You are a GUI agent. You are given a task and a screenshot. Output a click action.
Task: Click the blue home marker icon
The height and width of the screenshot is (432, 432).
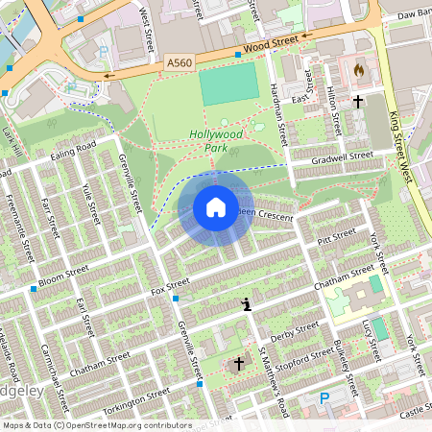[x=216, y=207]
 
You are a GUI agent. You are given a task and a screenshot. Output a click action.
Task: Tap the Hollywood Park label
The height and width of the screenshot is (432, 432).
[x=215, y=141]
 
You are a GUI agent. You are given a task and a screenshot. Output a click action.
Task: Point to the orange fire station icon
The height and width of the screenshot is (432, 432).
[x=359, y=70]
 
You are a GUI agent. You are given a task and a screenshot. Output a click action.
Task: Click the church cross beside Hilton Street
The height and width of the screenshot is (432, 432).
[x=358, y=100]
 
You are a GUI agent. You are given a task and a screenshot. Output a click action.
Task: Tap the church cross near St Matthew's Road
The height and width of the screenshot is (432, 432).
[x=239, y=363]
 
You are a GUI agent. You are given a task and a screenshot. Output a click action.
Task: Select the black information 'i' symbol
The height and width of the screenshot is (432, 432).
[x=248, y=305]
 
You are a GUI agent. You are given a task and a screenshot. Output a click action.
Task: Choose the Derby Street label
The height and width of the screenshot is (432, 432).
[x=294, y=332]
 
